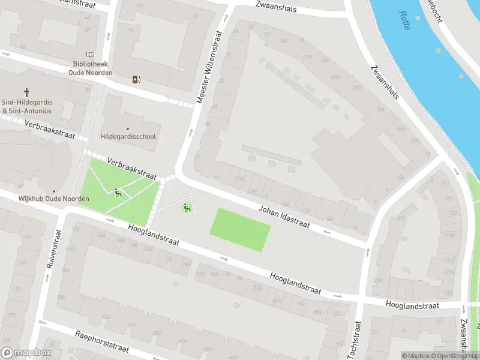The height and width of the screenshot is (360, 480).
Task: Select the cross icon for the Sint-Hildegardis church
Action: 26,92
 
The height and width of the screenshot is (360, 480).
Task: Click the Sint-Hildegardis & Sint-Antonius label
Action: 27,107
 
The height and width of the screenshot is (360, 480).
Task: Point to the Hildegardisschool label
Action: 128,136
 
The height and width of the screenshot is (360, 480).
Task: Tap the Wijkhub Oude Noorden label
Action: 54,199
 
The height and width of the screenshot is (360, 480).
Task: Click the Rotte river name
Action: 404,21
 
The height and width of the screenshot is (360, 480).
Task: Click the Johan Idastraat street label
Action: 284,217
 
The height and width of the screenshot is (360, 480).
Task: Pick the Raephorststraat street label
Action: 102,343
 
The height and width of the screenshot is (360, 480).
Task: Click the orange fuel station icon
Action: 137,79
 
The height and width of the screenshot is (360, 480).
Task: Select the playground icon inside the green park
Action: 118,193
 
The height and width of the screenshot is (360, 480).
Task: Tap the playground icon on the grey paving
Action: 187,208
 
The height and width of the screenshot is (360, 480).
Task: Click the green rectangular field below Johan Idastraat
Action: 240,229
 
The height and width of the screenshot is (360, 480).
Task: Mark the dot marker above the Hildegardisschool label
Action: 127,128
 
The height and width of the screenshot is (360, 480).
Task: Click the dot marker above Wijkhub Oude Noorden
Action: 53,191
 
